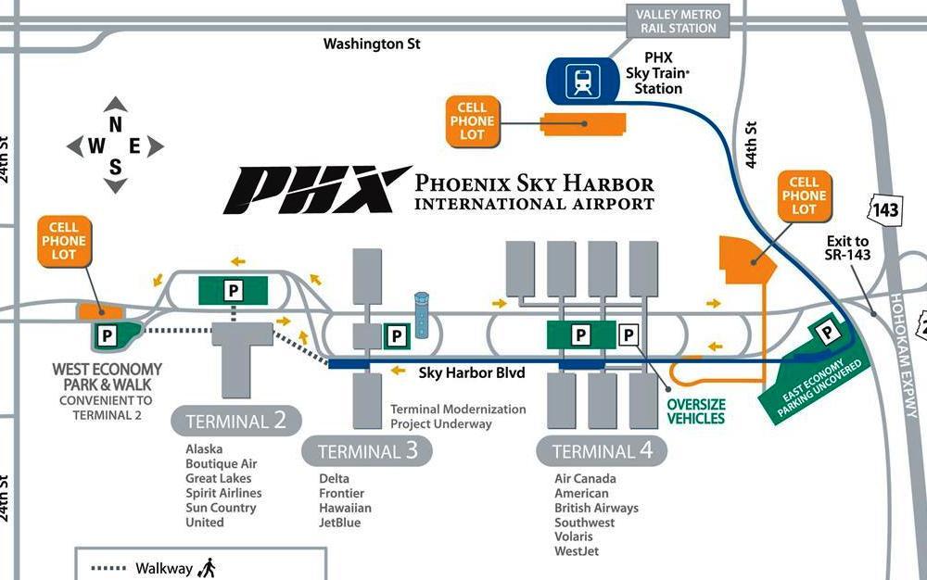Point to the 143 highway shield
(885, 210)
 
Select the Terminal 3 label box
(367, 452)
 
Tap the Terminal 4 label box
(602, 452)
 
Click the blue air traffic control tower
(423, 315)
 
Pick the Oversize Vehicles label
(696, 411)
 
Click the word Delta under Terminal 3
(335, 478)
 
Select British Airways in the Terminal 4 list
(596, 508)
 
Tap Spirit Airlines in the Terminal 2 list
(223, 493)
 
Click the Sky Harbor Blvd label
(472, 372)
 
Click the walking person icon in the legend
(208, 566)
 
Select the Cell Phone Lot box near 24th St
(64, 241)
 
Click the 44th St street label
(752, 145)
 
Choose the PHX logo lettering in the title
(315, 190)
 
